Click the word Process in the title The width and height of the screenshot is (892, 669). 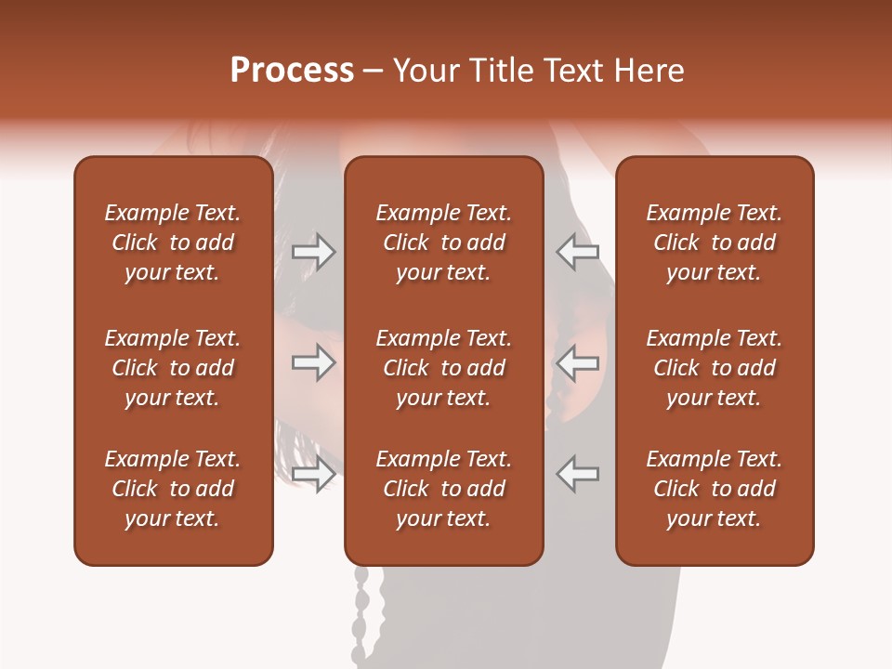(x=292, y=71)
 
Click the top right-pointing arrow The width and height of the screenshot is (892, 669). (x=314, y=252)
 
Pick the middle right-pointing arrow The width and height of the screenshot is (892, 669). (x=314, y=361)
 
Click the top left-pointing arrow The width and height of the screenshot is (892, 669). (x=578, y=252)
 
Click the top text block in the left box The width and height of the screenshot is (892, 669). (x=173, y=243)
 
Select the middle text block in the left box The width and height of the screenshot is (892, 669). (x=173, y=368)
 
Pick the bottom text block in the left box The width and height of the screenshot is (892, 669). (x=173, y=489)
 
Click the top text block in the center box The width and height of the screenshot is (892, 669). (x=443, y=243)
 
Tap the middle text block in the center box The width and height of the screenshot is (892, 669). (x=443, y=368)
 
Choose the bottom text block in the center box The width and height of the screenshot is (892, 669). (x=443, y=489)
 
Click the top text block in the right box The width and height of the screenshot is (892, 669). (x=714, y=243)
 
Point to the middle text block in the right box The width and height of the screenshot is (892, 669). (x=714, y=368)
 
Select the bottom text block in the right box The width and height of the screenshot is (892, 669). (x=714, y=489)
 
